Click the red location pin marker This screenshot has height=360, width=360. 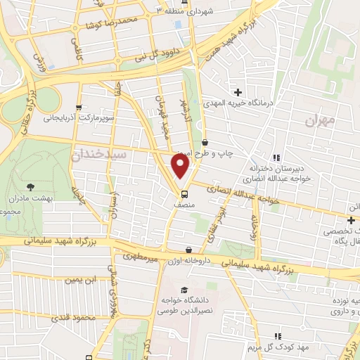pos(181,167)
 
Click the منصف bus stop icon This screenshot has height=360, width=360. pos(184,193)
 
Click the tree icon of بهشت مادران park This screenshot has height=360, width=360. pos(30,186)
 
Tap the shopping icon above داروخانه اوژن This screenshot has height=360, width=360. pos(189,250)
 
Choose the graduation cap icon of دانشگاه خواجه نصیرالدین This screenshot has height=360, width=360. pos(184,290)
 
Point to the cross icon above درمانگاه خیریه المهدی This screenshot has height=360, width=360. pos(238,92)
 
